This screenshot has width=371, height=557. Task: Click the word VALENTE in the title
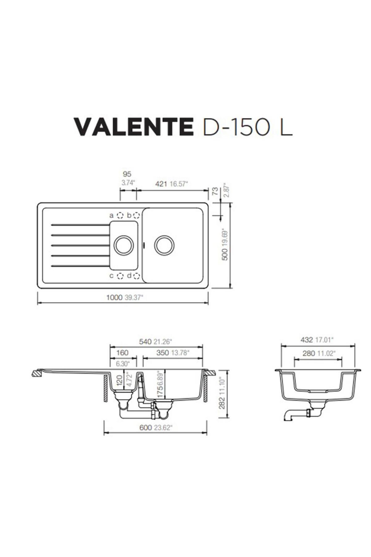[134, 127]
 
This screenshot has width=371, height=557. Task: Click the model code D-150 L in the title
[247, 127]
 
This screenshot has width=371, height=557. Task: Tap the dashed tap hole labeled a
[120, 215]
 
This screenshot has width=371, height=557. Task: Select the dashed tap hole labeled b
[136, 215]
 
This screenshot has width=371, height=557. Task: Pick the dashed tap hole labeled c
[120, 276]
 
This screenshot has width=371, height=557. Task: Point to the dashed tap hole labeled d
[136, 276]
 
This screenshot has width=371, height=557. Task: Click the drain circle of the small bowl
[124, 246]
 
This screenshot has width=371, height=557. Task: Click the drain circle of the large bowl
[164, 246]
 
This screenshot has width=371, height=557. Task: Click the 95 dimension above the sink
[127, 175]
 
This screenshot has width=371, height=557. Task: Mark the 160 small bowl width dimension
[122, 353]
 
